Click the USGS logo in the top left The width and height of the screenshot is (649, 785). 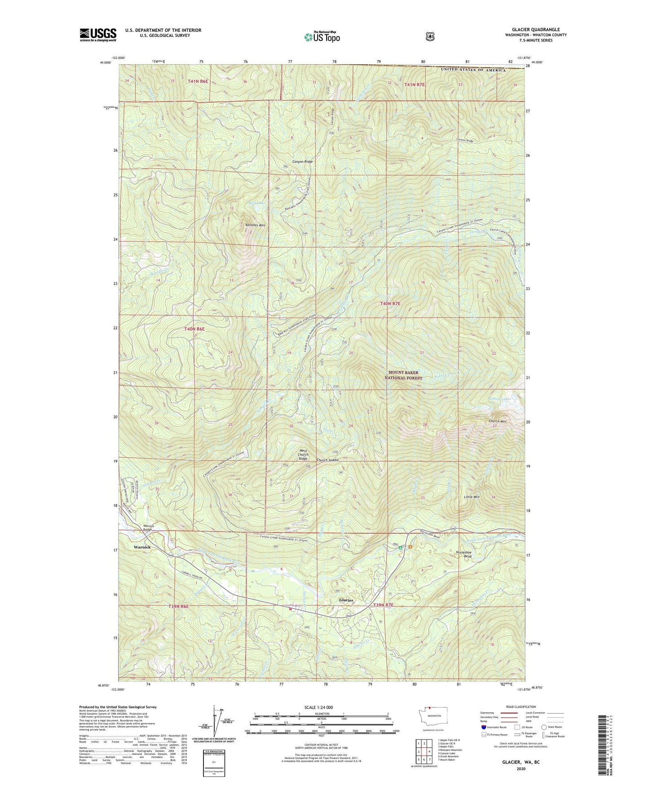[x=98, y=35]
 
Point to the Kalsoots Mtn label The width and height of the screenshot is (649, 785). [x=255, y=225]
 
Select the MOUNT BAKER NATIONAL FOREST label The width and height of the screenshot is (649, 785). [x=403, y=375]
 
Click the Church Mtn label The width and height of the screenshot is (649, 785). [x=497, y=421]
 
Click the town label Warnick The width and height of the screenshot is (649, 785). [x=142, y=547]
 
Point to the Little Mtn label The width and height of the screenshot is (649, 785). [x=472, y=497]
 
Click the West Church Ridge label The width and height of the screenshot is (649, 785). [x=303, y=455]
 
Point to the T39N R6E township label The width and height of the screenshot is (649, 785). [x=179, y=607]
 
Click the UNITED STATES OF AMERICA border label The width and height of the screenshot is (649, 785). [x=473, y=70]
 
